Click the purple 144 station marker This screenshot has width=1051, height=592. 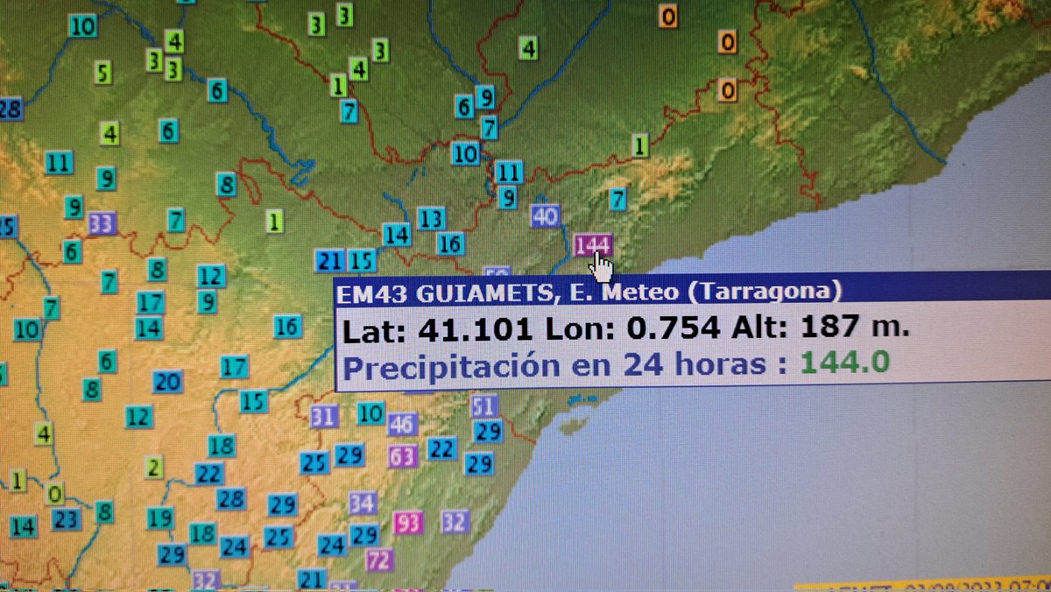pos(592,244)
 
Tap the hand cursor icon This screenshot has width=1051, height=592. pos(602,266)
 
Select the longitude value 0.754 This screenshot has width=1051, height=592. pos(671,329)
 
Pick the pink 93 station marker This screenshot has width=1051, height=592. pos(407,523)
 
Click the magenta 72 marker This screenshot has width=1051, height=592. pos(379,560)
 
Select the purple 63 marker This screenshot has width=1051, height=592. pos(403,456)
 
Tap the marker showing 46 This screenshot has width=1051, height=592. pos(402,425)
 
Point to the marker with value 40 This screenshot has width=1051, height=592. pos(545,215)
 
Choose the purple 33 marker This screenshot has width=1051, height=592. pos(102,224)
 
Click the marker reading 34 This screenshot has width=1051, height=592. pos(363,503)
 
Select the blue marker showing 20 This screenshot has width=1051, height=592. pos(167,382)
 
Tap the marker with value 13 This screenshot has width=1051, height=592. pos(431,218)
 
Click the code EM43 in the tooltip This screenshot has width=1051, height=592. pos(367,291)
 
